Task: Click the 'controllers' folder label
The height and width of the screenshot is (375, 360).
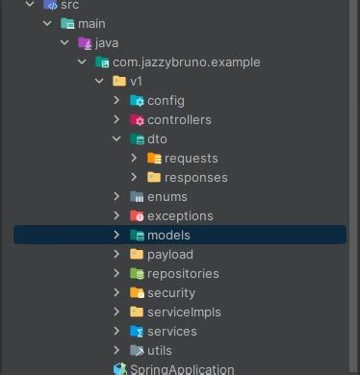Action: pyautogui.click(x=179, y=120)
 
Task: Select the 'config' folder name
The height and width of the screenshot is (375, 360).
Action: pyautogui.click(x=166, y=101)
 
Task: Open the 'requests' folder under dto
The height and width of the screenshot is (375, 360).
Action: pyautogui.click(x=191, y=159)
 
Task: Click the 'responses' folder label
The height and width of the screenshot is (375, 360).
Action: pyautogui.click(x=195, y=178)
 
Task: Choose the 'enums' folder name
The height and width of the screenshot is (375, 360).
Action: pyautogui.click(x=167, y=197)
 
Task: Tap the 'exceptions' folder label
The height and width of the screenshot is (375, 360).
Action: pyautogui.click(x=180, y=216)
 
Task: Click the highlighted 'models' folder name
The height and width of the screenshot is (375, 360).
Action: pyautogui.click(x=168, y=236)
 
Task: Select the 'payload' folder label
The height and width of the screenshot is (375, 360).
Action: pyautogui.click(x=169, y=255)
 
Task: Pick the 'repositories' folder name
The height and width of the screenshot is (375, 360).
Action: pyautogui.click(x=183, y=274)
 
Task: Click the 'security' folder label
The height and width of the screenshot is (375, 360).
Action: pyautogui.click(x=171, y=293)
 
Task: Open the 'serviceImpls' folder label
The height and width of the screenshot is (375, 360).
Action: pyautogui.click(x=183, y=312)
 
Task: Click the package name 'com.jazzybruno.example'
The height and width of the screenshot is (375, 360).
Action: pyautogui.click(x=186, y=62)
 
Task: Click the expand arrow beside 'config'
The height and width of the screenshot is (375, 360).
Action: pyautogui.click(x=117, y=101)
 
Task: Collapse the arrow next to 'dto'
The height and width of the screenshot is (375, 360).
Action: pyautogui.click(x=117, y=139)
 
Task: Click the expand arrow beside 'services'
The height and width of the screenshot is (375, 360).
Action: pyautogui.click(x=117, y=332)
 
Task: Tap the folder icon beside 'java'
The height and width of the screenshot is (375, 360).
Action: pyautogui.click(x=84, y=43)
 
